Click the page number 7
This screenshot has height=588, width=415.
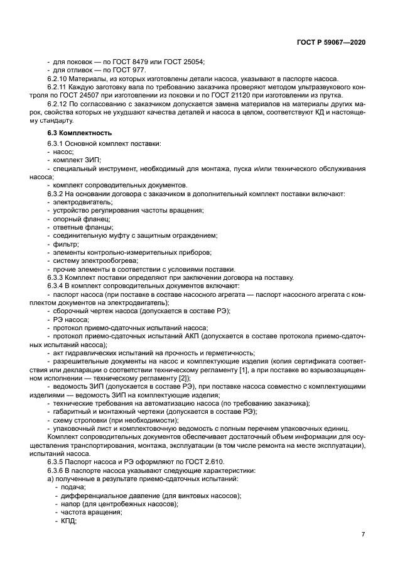click(x=364, y=535)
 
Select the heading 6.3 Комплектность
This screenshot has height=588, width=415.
click(x=80, y=133)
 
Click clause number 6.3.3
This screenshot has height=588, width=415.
click(x=56, y=277)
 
